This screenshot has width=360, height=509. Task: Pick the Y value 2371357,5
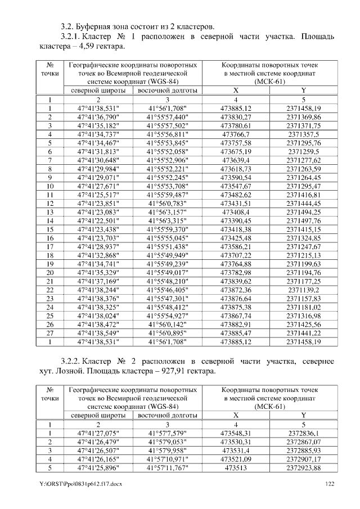coord(303,134)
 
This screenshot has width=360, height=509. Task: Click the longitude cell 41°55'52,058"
coord(167,152)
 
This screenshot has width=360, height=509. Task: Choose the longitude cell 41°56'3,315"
coord(167,220)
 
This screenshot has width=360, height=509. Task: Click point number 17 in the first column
coord(50,246)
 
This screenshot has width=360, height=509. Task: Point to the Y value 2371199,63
coord(303,264)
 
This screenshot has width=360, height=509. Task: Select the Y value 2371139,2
coord(303,290)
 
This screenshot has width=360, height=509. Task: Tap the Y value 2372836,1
coord(303,433)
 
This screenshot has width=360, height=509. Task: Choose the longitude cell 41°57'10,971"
coord(167,459)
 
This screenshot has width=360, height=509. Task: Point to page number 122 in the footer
coord(330,484)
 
